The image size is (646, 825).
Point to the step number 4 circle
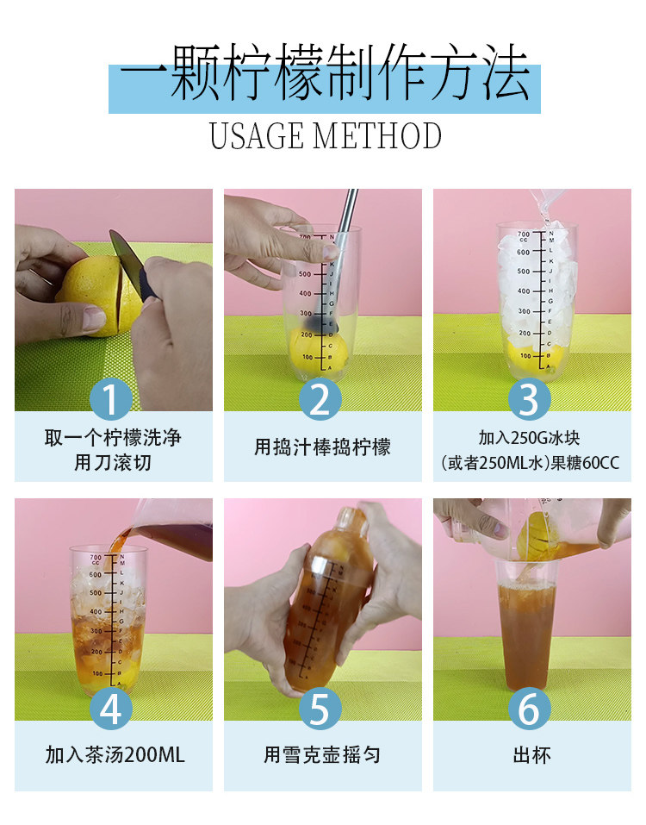point(110,709)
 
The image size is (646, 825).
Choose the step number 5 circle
point(320,709)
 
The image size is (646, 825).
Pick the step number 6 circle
point(530,709)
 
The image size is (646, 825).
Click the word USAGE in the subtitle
point(257,135)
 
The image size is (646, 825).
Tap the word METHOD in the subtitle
point(377,135)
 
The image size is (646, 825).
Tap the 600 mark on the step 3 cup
point(523,252)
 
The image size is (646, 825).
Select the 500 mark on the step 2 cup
point(305,273)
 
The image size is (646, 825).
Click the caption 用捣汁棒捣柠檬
point(322,447)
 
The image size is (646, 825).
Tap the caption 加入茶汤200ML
point(115,755)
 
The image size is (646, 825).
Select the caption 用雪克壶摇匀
point(321,755)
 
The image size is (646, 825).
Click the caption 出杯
point(532,755)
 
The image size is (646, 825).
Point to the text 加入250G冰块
point(530,437)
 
